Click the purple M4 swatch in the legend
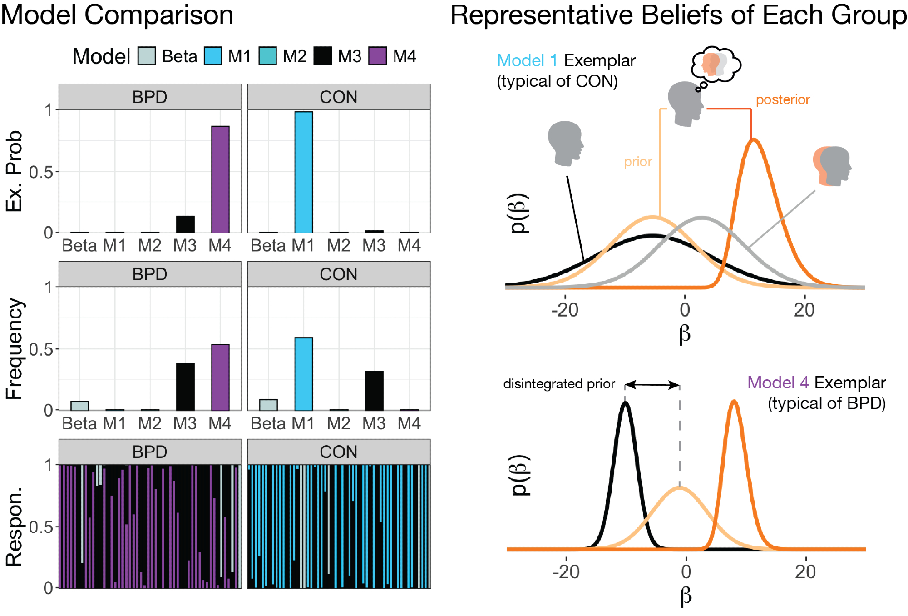click(377, 56)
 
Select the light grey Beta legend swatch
click(147, 56)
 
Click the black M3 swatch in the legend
click(322, 56)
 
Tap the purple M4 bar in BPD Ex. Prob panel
click(220, 179)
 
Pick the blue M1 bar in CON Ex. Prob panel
click(303, 172)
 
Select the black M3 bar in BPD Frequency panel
click(185, 387)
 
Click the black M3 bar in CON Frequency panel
click(374, 391)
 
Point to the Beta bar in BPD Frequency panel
click(80, 406)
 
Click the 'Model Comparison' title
click(117, 15)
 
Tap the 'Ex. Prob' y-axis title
click(14, 171)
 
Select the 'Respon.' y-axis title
click(14, 527)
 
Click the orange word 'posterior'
click(783, 99)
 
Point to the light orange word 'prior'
click(638, 162)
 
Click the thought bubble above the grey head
click(716, 65)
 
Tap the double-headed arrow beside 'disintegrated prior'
click(652, 385)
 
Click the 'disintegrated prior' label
click(559, 384)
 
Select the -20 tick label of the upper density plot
click(565, 310)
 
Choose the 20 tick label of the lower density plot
click(805, 571)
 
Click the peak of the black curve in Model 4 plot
click(625, 403)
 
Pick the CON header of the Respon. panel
click(339, 452)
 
